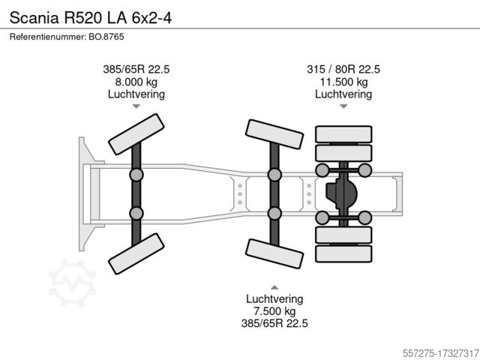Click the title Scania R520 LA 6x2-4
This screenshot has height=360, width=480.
[x=90, y=15]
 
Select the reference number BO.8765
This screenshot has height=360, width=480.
[x=58, y=37]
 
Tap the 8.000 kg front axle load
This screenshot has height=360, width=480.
[x=136, y=82]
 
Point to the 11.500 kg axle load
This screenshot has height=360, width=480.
[x=343, y=82]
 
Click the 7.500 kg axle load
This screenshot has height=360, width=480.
[x=274, y=311]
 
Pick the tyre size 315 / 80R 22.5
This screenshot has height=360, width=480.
[x=343, y=69]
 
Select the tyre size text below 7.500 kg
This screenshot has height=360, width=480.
[x=274, y=324]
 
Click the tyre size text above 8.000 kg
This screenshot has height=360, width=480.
[x=136, y=69]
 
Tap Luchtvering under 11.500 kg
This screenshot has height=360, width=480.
[x=343, y=94]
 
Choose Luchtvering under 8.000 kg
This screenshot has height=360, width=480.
[x=136, y=94]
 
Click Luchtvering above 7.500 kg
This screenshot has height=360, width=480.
[x=274, y=298]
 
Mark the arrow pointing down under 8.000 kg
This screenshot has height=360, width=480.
[x=136, y=106]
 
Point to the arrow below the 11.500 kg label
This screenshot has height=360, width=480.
[x=343, y=106]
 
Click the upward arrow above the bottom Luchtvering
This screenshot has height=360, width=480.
[x=274, y=286]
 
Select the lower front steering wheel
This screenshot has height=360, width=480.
[x=136, y=251]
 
